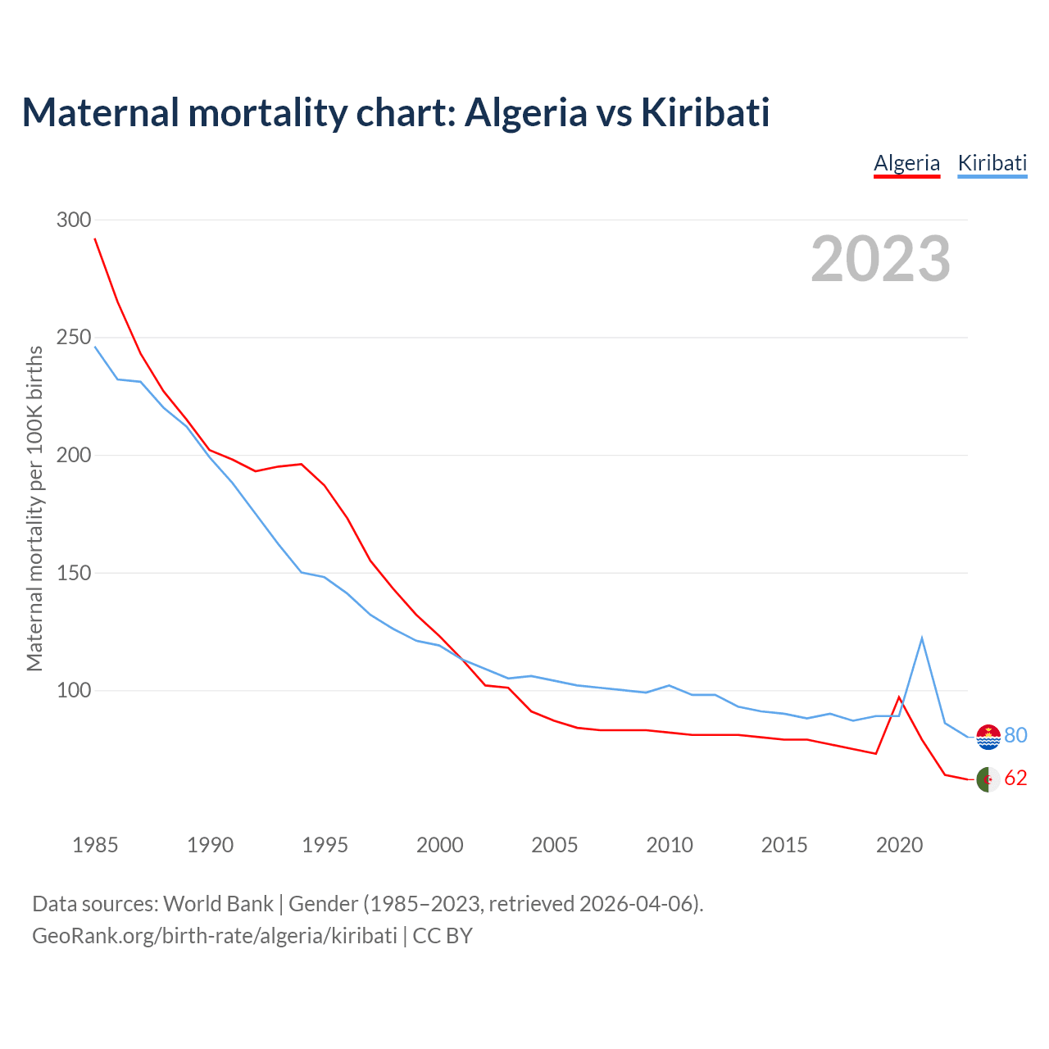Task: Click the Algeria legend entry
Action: point(906,163)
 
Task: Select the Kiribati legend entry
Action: point(992,163)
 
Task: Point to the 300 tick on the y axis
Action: point(74,220)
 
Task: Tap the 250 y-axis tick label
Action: point(74,338)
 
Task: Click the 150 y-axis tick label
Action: point(74,573)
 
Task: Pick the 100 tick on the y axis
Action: point(74,691)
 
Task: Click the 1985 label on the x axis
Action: point(95,845)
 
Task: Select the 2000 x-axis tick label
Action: point(440,845)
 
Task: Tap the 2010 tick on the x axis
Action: point(670,845)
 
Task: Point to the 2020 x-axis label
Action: point(899,845)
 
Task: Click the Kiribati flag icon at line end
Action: point(988,737)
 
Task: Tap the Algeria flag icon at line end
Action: point(988,779)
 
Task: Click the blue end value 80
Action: point(1015,736)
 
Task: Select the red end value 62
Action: point(1015,779)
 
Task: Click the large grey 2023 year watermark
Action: point(880,259)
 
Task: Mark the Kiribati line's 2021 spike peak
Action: point(922,638)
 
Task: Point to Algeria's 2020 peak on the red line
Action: point(899,697)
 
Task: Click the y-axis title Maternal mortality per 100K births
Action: point(34,508)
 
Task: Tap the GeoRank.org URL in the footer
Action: point(215,936)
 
